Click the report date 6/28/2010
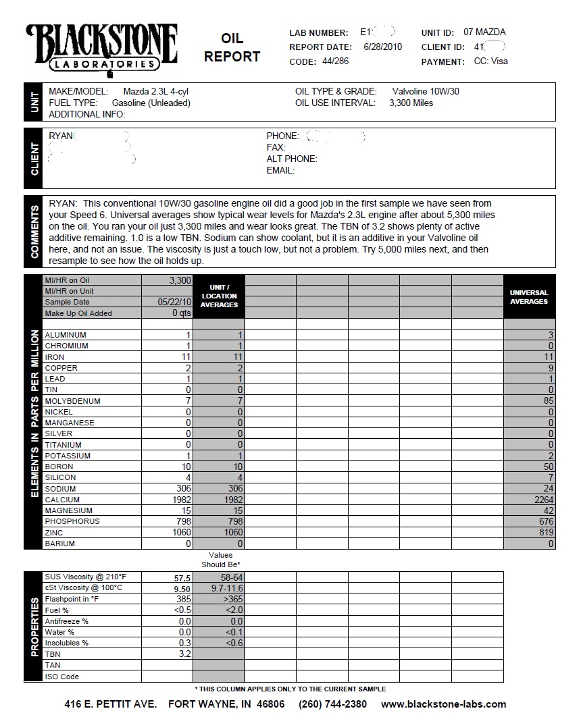[x=382, y=47]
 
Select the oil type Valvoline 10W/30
[x=426, y=91]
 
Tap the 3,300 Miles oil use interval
[x=411, y=103]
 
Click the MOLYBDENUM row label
[x=72, y=401]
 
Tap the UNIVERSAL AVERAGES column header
[x=529, y=297]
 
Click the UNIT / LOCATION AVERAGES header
[x=219, y=296]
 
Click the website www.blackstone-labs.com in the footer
[x=443, y=704]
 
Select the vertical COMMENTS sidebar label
[x=34, y=231]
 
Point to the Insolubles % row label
[x=66, y=643]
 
